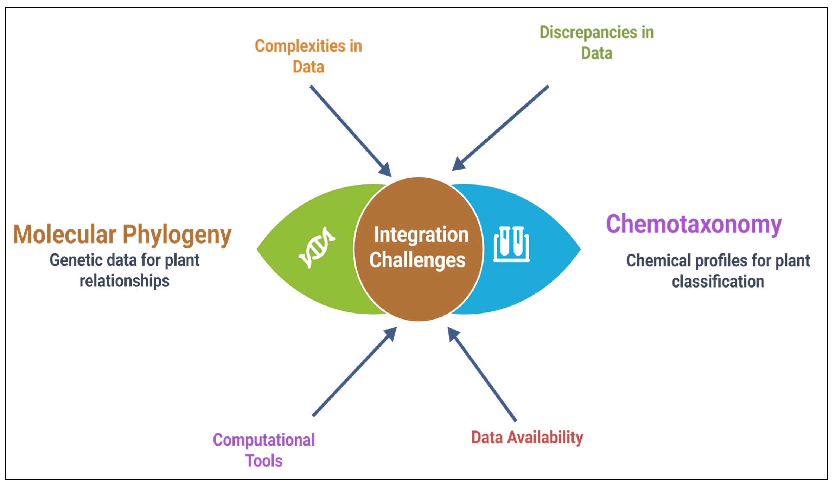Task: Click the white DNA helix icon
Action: tap(317, 247)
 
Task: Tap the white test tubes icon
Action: tap(511, 244)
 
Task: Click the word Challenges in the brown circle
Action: tap(417, 260)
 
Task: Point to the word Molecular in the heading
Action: tap(65, 234)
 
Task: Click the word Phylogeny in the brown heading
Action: tap(177, 235)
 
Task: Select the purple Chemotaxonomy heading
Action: tap(694, 224)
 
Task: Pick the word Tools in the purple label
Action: tap(264, 461)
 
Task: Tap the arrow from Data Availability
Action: tap(481, 374)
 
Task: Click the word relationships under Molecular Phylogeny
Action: tap(124, 281)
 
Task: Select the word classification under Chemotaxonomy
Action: tap(718, 281)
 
